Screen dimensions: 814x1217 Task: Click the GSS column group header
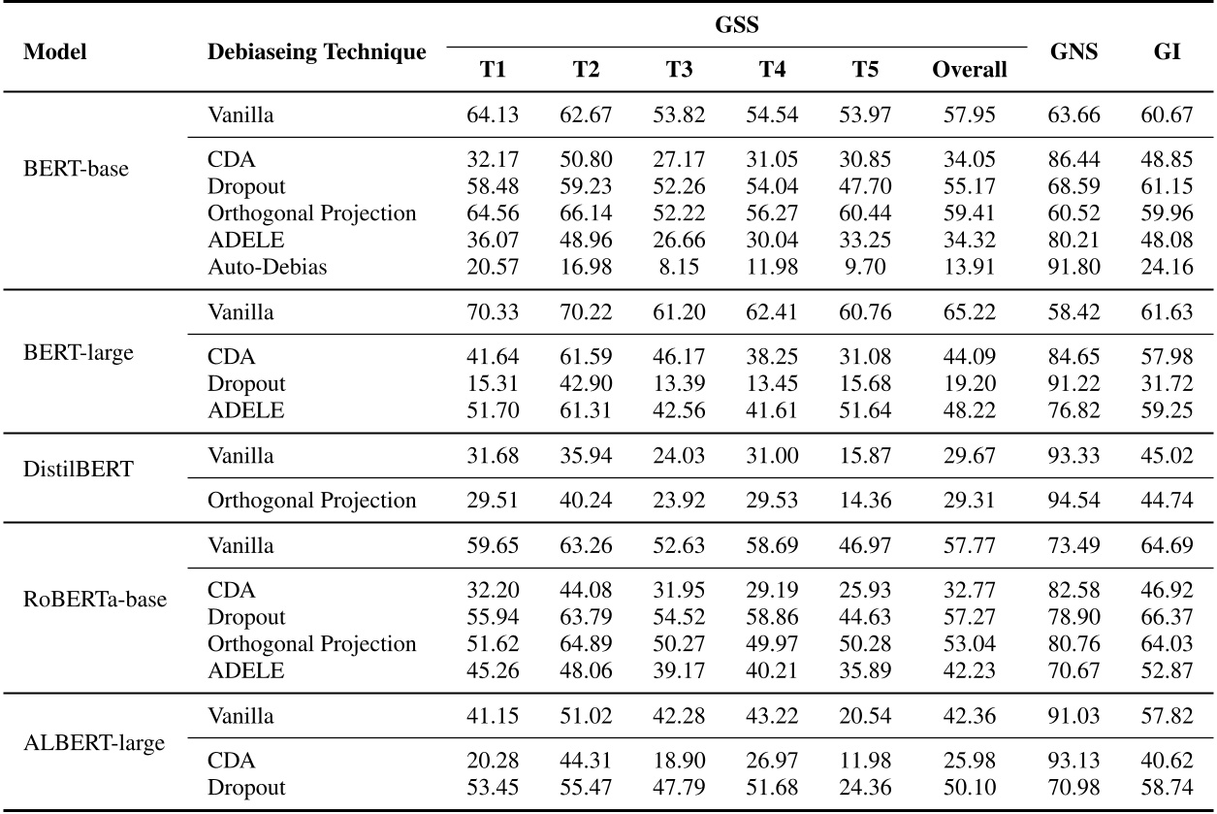tap(736, 25)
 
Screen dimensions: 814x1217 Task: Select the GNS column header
tap(1073, 52)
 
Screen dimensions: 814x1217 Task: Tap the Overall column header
tap(969, 70)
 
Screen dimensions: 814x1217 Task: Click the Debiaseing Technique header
tap(316, 52)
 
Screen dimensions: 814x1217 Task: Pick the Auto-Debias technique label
tap(267, 268)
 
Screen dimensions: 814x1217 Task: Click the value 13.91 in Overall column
tap(969, 268)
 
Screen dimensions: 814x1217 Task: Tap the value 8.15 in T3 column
tap(678, 268)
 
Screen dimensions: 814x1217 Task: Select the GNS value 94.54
tap(1073, 501)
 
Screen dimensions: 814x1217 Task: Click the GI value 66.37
tap(1167, 617)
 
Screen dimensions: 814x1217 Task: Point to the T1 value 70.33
tap(494, 313)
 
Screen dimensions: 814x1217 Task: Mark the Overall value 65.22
tap(969, 313)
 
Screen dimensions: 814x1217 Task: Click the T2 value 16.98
tap(585, 268)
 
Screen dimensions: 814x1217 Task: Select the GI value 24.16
tap(1167, 268)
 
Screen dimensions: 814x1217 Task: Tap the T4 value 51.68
tap(771, 788)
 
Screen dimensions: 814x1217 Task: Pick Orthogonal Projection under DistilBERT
tap(311, 501)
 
